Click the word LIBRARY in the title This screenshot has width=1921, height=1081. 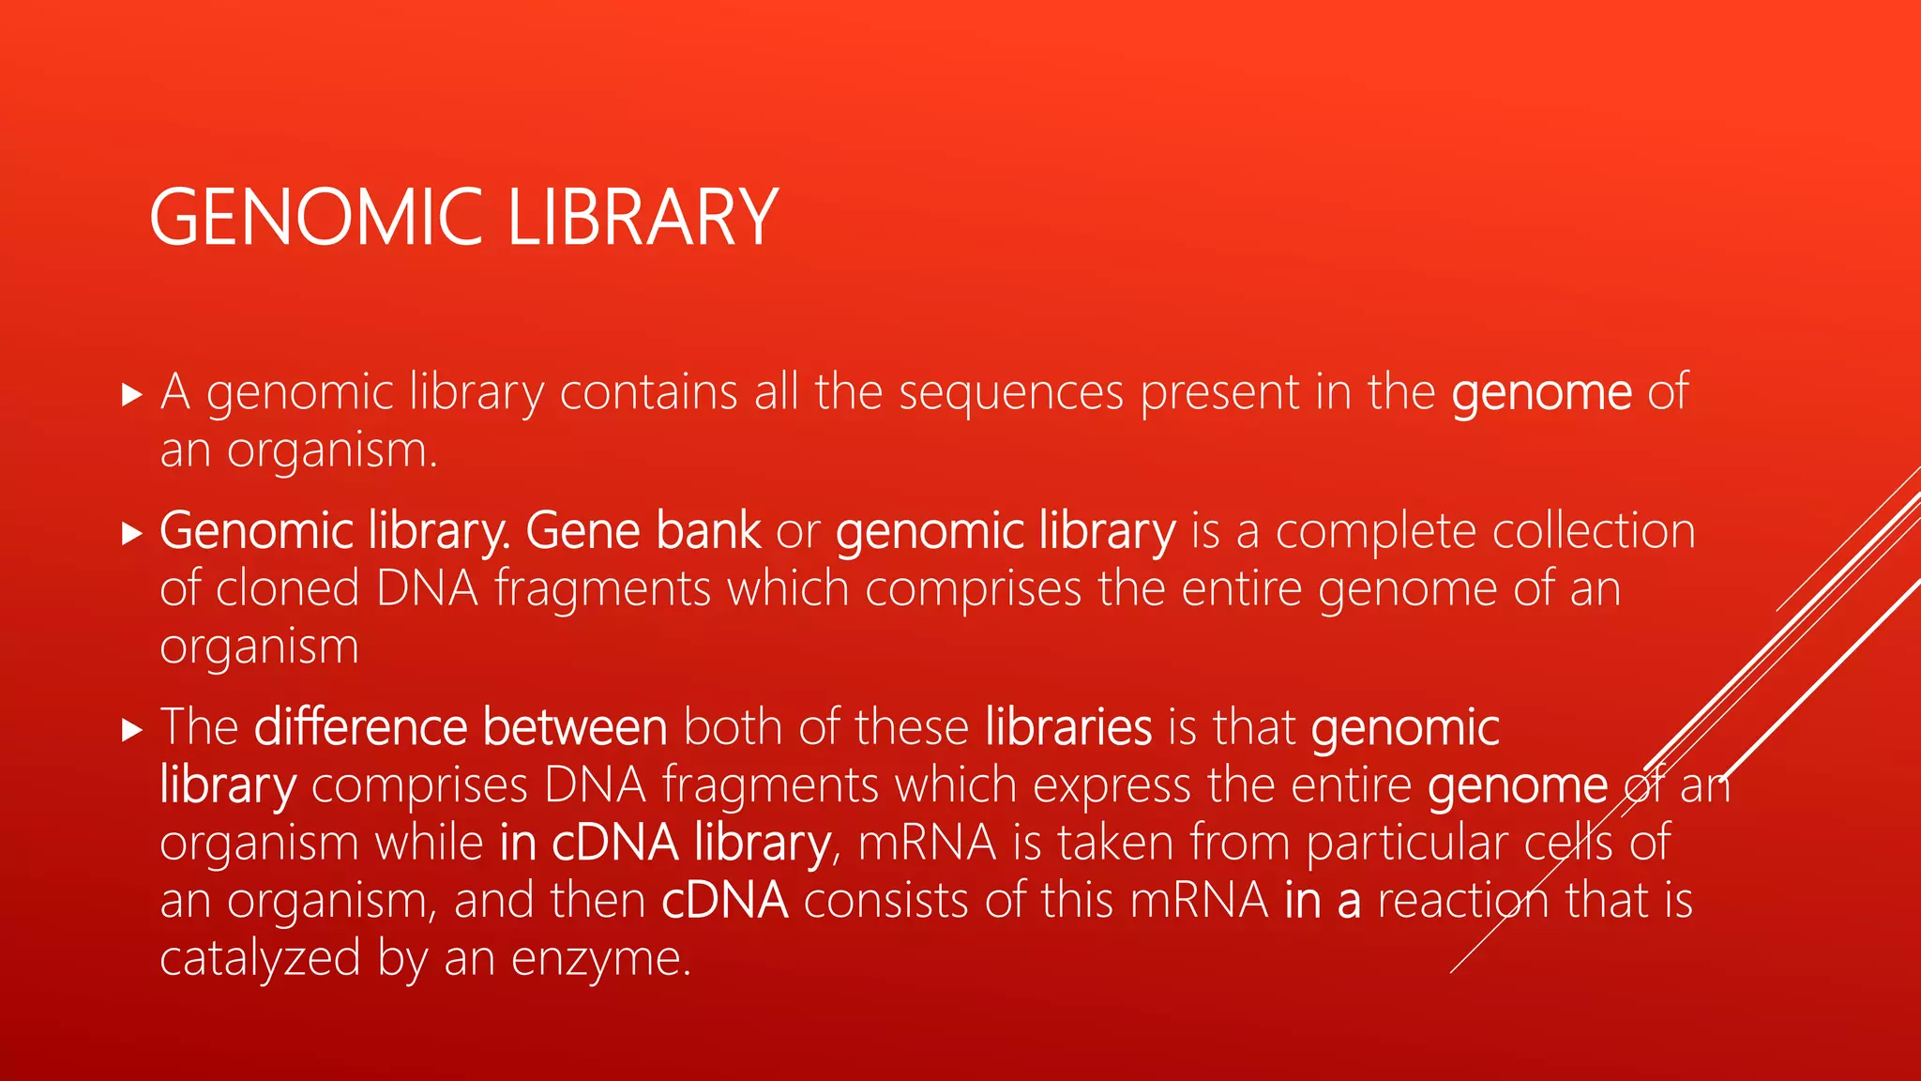point(643,218)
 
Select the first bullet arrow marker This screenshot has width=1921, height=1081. point(132,394)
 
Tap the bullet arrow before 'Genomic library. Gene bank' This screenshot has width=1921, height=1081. point(132,534)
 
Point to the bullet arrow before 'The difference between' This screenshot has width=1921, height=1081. point(132,729)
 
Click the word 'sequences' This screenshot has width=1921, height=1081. point(1011,392)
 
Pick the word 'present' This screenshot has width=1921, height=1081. point(1219,392)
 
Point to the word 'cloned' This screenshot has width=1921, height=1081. point(288,589)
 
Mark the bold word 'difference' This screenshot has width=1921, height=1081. point(361,727)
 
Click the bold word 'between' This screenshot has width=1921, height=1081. point(575,727)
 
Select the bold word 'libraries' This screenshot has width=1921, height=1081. point(1068,727)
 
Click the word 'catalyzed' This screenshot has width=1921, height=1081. point(260,959)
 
